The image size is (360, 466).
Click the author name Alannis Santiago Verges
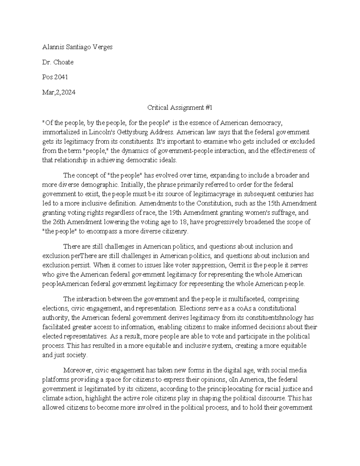(x=77, y=47)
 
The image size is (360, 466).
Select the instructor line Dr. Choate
(x=58, y=62)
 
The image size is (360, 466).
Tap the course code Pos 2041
(x=55, y=77)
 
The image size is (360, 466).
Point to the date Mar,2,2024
(x=59, y=92)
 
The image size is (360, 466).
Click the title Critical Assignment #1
(x=180, y=108)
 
